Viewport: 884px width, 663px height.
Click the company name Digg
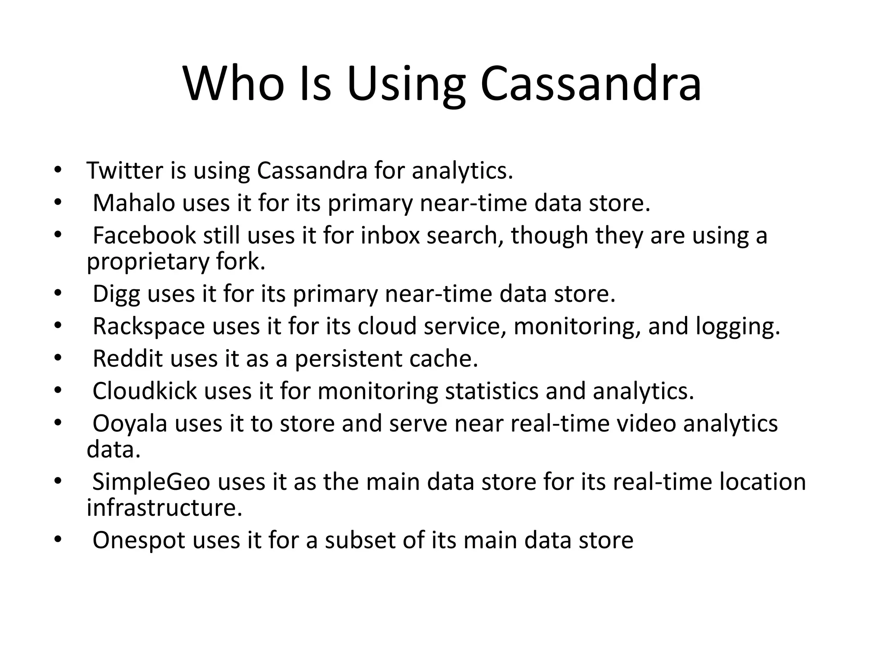point(116,294)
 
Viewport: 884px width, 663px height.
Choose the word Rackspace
point(148,326)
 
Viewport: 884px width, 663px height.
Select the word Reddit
point(128,359)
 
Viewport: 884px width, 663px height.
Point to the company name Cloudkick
point(145,391)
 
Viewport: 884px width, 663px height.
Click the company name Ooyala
point(130,423)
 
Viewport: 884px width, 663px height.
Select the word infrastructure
point(164,508)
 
